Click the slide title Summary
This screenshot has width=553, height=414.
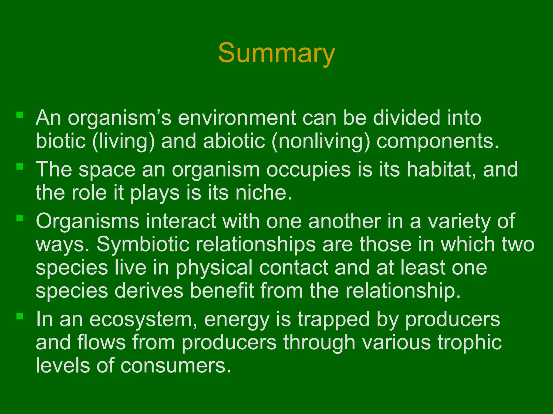pyautogui.click(x=276, y=53)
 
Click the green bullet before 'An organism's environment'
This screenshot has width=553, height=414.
pyautogui.click(x=20, y=115)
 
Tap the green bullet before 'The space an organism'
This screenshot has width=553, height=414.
pyautogui.click(x=20, y=167)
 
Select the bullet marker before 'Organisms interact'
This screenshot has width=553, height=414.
pyautogui.click(x=20, y=218)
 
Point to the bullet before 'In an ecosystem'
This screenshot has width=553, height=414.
pyautogui.click(x=20, y=316)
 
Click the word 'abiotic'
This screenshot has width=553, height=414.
pyautogui.click(x=234, y=141)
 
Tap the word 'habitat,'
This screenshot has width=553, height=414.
pyautogui.click(x=441, y=170)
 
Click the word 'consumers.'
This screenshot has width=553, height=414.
pyautogui.click(x=176, y=366)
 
